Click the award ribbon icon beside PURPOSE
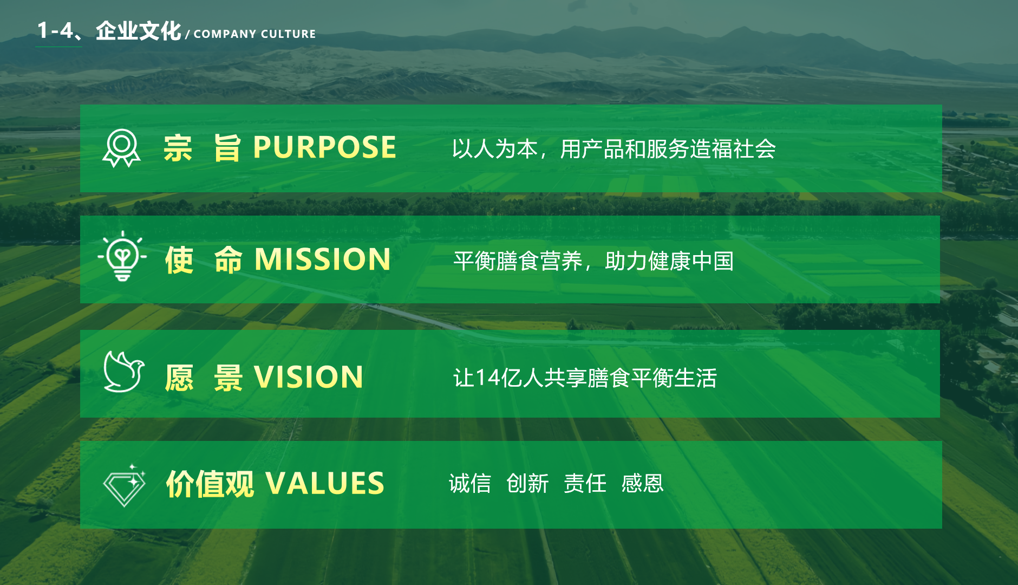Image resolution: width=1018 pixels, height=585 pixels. (x=121, y=148)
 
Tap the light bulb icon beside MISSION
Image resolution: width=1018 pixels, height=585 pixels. (x=122, y=256)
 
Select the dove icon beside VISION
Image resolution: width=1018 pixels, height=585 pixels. (x=124, y=372)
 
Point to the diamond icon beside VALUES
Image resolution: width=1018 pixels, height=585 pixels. (x=125, y=485)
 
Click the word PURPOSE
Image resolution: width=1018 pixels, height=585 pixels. (x=325, y=147)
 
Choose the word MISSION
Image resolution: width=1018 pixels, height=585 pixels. (x=323, y=259)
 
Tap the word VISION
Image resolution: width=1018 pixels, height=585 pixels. (x=309, y=377)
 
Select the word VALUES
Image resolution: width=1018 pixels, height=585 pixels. (x=325, y=483)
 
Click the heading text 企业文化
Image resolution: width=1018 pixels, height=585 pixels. (x=138, y=31)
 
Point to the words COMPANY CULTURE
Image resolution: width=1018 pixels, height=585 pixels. (x=255, y=34)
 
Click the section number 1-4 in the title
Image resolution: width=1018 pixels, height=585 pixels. (x=55, y=30)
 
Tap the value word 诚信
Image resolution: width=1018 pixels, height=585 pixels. (x=470, y=483)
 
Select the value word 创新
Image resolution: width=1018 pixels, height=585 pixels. (x=527, y=483)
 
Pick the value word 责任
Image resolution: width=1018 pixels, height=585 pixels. (x=585, y=483)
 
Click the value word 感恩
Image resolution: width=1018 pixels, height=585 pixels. (x=642, y=483)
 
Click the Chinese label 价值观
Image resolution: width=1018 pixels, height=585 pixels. (x=210, y=484)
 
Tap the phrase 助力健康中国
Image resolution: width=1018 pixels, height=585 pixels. (x=669, y=261)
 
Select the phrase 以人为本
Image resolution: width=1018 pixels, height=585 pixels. (x=495, y=149)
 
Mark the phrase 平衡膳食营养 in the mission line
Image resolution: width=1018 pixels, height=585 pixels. (x=518, y=261)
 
